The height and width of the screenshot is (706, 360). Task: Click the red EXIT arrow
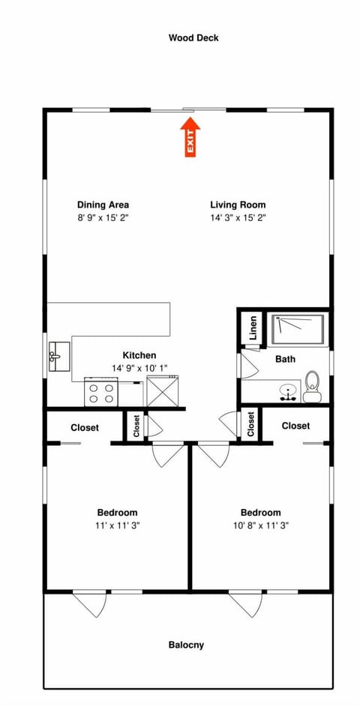click(x=190, y=139)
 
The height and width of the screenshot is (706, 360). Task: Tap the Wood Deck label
click(x=193, y=37)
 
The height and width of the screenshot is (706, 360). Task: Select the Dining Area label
click(x=103, y=205)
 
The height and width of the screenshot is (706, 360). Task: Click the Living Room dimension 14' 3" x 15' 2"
click(x=238, y=217)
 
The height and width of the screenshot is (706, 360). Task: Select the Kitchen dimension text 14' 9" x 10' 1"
click(x=139, y=368)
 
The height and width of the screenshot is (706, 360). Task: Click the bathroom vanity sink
click(x=287, y=390)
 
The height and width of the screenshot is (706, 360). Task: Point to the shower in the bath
click(x=297, y=328)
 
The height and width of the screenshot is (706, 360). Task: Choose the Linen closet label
click(x=253, y=328)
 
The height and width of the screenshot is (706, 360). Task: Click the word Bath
click(x=285, y=359)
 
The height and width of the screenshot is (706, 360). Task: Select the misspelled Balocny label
click(x=187, y=645)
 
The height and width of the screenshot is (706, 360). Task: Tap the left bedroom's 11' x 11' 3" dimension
click(x=117, y=525)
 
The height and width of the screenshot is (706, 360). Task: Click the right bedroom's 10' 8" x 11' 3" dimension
click(x=260, y=525)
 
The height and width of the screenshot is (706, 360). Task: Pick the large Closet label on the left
click(x=85, y=427)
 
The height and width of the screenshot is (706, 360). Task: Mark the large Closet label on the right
click(x=295, y=426)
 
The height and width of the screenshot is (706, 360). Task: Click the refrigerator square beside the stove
click(x=160, y=391)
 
